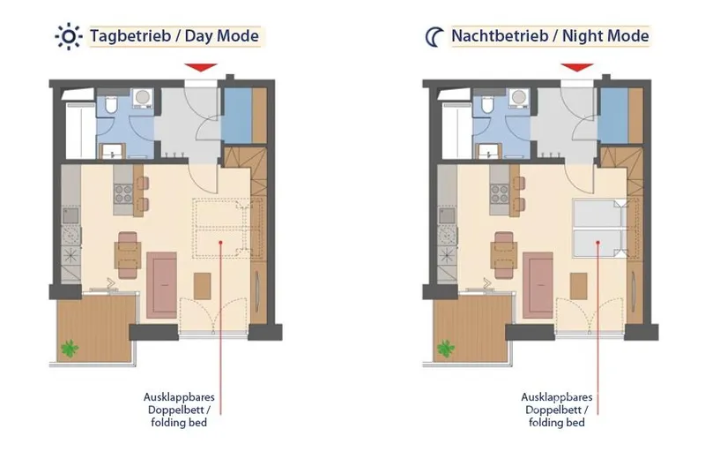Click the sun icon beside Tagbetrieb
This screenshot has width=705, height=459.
(69, 36)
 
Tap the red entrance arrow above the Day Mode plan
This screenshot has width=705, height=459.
(201, 67)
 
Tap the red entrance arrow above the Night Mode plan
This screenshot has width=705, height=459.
(577, 67)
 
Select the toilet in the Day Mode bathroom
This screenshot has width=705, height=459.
(111, 105)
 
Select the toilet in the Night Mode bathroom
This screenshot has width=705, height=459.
(487, 105)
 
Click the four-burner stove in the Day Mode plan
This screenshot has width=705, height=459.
(123, 194)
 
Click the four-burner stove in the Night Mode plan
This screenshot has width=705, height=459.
(499, 194)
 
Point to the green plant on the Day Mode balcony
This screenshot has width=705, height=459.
(70, 348)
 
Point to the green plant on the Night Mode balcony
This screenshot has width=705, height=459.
(446, 348)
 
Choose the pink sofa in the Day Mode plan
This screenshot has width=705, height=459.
(161, 285)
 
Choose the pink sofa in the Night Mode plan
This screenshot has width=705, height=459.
(538, 285)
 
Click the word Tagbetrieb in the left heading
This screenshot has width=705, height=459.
(130, 36)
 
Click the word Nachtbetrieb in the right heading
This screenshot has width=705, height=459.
(500, 36)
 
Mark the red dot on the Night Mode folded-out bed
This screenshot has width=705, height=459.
(598, 243)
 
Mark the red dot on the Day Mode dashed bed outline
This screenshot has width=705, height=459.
(221, 243)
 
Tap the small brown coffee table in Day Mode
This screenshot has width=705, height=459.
(203, 286)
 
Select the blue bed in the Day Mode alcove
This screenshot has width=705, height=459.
(236, 116)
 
